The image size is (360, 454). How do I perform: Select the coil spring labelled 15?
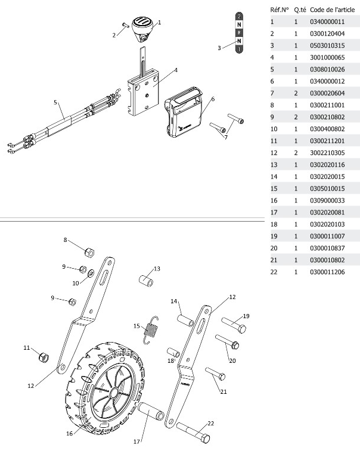[154, 328]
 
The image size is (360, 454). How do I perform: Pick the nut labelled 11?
[42, 357]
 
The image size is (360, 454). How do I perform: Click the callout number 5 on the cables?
[55, 102]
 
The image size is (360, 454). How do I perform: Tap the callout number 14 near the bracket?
[175, 301]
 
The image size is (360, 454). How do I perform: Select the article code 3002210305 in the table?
[327, 153]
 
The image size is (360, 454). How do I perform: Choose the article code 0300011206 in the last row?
[327, 272]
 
